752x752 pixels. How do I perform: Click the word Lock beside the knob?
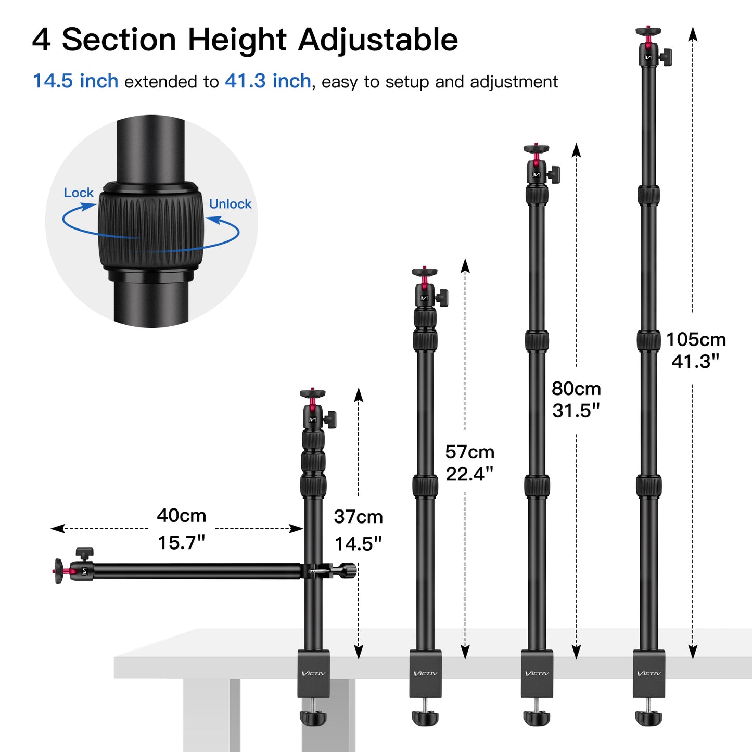[79, 193]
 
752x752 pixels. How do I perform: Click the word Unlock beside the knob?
[230, 204]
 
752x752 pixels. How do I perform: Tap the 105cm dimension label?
[696, 339]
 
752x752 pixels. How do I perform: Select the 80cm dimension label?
[576, 389]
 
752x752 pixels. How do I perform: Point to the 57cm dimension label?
[469, 452]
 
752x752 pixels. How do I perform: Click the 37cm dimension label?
[358, 517]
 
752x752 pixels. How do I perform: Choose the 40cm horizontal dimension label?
[182, 515]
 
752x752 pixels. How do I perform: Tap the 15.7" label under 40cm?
[182, 543]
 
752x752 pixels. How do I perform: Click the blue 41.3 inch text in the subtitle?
[268, 81]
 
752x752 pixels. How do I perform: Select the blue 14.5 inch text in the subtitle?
[76, 81]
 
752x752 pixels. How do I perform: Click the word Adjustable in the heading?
[378, 40]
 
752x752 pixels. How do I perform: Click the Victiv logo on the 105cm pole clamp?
[649, 673]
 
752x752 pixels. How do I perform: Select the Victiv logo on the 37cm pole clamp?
[313, 673]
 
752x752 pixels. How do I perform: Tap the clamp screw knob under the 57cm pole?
[425, 718]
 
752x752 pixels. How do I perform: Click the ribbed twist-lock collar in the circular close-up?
[150, 224]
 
